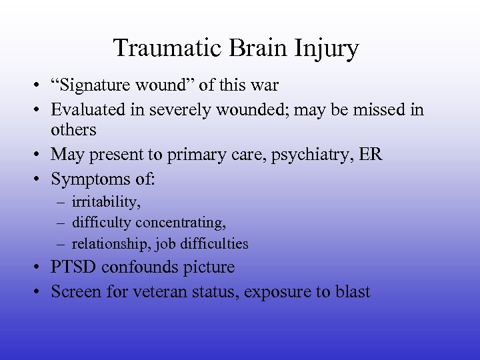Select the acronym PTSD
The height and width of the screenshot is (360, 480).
click(73, 267)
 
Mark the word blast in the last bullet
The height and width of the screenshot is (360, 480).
click(351, 291)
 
